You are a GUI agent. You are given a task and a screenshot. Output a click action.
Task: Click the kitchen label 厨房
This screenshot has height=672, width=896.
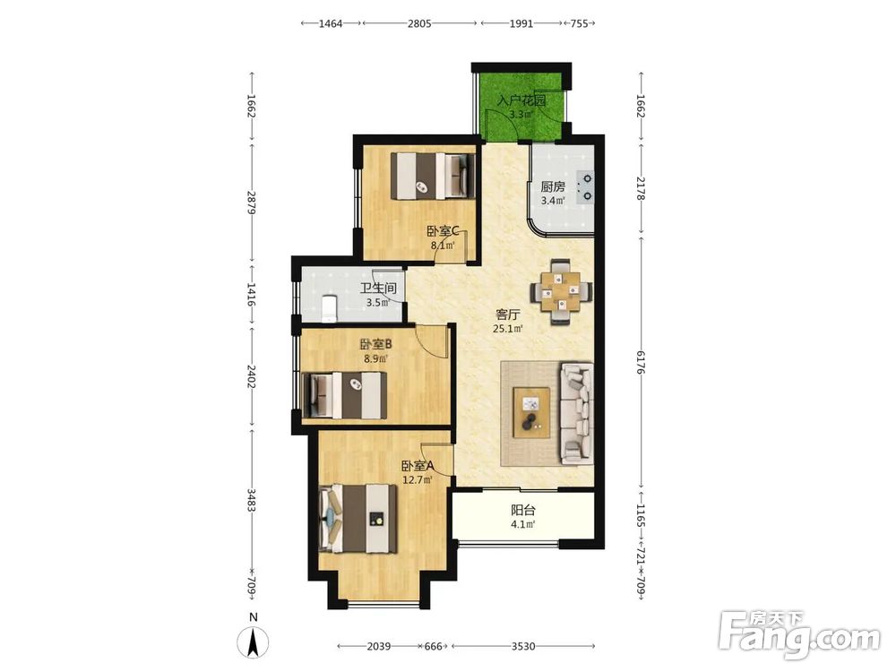553,186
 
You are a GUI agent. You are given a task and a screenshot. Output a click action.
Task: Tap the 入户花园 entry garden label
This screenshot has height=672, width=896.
521,100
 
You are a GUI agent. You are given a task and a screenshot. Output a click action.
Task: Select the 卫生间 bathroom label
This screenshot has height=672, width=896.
378,289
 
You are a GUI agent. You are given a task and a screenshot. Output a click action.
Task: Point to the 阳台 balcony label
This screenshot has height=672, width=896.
523,510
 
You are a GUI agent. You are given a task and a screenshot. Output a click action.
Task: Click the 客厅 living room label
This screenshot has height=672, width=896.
508,314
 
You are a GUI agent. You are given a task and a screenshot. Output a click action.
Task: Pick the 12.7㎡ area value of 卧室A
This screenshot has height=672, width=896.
418,480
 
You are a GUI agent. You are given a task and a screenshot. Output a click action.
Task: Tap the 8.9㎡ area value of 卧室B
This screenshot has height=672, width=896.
375,359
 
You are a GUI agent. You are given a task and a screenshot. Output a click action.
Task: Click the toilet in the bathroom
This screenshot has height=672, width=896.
329,308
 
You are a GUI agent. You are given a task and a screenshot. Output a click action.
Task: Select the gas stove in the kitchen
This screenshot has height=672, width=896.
584,187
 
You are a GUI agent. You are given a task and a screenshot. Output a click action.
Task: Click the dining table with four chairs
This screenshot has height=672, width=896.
561,293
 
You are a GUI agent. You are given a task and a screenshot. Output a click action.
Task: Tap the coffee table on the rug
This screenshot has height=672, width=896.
531,412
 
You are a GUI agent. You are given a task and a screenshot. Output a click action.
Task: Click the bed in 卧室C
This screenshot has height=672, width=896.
433,176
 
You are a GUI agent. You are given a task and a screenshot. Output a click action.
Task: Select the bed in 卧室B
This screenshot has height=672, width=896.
345,395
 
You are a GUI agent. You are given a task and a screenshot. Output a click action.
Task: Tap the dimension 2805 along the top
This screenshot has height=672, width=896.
419,23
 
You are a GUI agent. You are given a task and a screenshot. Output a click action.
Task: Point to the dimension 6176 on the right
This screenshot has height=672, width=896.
640,363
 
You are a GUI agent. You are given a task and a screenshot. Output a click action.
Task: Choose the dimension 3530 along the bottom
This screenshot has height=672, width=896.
523,646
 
